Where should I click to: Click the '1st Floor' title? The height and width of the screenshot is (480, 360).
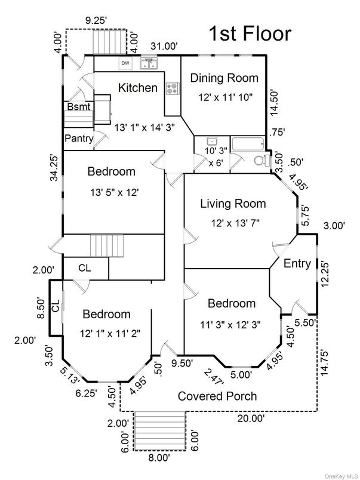pos(250,33)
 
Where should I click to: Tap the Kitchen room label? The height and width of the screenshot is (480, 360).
pos(138,88)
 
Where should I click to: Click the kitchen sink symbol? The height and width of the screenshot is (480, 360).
pos(149,63)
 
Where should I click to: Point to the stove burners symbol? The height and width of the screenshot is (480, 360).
pos(173,89)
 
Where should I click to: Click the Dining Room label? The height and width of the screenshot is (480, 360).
pos(224,78)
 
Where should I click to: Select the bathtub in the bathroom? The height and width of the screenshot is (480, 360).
pos(248,144)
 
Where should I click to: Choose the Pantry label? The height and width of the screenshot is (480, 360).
pos(79,139)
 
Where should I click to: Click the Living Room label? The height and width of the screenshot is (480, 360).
pos(232,204)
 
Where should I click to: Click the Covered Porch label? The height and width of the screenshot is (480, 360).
pos(218,396)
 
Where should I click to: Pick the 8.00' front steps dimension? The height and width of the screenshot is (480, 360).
pos(159,457)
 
